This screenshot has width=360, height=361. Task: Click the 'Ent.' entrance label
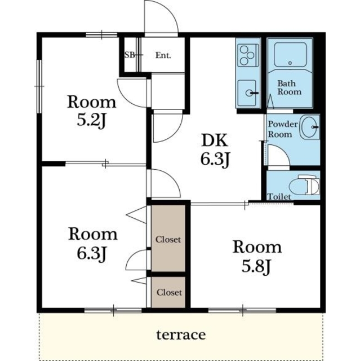click(x=163, y=55)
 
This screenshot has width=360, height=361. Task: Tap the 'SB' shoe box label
click(x=130, y=55)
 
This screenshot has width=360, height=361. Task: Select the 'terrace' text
click(x=181, y=334)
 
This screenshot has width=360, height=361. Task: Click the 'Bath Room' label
click(x=289, y=87)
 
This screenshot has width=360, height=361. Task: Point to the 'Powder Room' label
click(x=283, y=129)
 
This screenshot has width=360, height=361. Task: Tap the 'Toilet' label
click(x=279, y=197)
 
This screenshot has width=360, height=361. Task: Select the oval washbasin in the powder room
click(x=310, y=127)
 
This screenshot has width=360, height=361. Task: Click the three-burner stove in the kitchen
click(x=248, y=55)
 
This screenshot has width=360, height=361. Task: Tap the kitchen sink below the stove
click(x=248, y=93)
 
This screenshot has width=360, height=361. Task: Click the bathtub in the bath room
click(x=290, y=55)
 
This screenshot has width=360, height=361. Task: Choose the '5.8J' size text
click(x=256, y=266)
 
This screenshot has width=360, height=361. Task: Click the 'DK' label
click(x=215, y=140)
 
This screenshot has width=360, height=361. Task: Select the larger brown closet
click(x=168, y=238)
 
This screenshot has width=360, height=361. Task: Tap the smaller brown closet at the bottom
click(x=168, y=292)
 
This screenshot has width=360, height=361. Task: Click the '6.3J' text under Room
click(x=91, y=253)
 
